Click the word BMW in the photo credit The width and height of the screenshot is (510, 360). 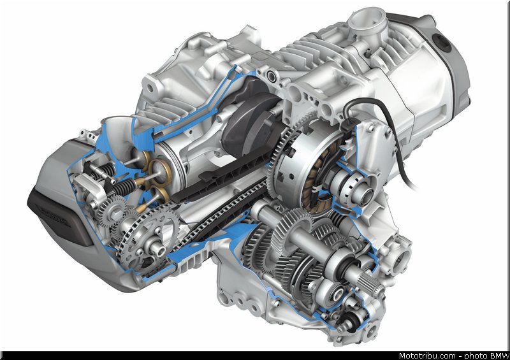500,356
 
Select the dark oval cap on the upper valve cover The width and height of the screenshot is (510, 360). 442,43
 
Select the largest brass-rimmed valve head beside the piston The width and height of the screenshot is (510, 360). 161,170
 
